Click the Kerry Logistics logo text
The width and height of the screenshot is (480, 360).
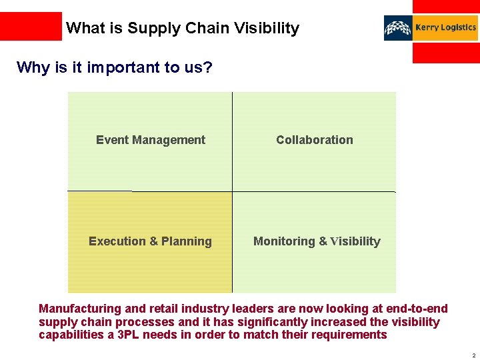445,28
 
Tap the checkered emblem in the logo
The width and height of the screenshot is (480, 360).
398,28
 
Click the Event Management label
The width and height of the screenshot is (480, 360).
151,140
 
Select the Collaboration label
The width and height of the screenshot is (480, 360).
315,140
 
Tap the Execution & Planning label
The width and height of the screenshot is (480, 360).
150,241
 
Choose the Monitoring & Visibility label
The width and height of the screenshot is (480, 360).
317,241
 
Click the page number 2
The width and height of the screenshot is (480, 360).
473,355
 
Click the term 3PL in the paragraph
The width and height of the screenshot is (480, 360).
130,335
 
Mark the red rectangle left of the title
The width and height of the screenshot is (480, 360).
31,27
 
